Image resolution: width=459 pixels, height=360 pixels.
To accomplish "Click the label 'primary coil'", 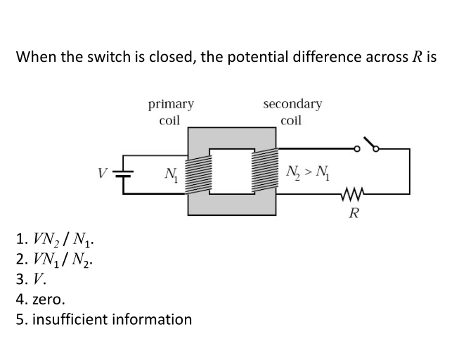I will point(171,112).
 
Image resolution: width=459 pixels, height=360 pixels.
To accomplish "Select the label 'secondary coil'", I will point(292,112).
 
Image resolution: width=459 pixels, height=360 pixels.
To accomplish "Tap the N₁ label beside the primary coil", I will point(169,173).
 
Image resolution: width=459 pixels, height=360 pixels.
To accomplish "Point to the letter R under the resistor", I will point(354,212).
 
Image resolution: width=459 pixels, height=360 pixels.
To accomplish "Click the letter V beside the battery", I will point(103,171).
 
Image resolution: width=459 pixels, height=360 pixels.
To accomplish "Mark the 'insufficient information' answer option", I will point(103,319).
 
